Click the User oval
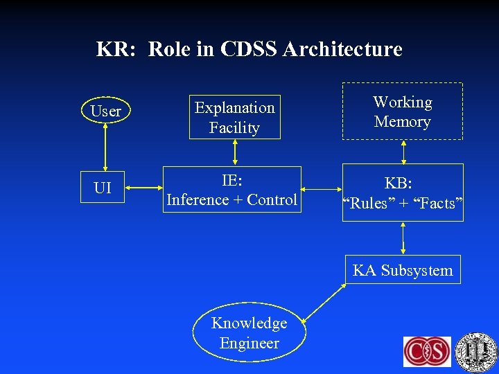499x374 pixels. point(105,111)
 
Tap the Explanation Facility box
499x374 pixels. point(235,117)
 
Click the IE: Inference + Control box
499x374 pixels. point(231,190)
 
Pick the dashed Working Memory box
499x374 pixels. point(403,112)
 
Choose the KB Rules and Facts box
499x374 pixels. point(403,193)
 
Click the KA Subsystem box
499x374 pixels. point(403,270)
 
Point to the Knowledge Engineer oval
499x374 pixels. point(249,333)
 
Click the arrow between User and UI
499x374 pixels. point(105,147)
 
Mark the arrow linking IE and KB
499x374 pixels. point(322,188)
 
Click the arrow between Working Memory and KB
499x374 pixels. point(403,152)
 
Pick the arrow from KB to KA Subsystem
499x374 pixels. point(403,239)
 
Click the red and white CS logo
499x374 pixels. point(427,351)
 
